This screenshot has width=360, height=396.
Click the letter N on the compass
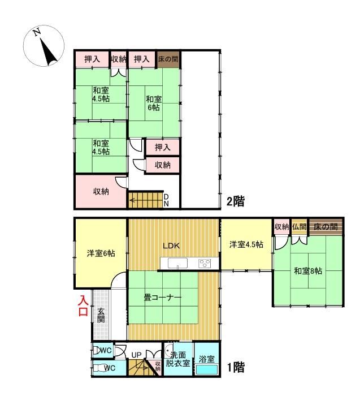point(37,32)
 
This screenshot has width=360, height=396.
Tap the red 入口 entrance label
point(83,306)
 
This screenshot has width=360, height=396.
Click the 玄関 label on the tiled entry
point(101,315)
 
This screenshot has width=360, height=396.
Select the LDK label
point(171,246)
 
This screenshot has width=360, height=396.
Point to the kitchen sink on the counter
point(178,263)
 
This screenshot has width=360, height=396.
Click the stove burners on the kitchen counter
point(205,264)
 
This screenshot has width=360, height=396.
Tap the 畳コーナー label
point(162,298)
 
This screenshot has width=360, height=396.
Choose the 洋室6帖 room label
point(101,253)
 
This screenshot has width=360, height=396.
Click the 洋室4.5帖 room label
point(246,244)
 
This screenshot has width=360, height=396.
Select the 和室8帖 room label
point(308,271)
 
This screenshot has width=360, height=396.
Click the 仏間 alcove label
point(299,226)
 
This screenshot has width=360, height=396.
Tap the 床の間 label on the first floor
point(326,226)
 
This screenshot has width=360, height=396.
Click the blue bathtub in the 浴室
point(207,370)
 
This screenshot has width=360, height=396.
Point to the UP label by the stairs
point(136,355)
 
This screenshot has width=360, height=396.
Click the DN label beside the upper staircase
point(166,200)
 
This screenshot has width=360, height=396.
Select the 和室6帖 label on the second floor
point(154,103)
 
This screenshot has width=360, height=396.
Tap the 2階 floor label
point(236,201)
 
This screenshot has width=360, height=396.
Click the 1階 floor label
point(236,367)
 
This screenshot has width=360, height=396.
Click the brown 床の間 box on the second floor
point(168,59)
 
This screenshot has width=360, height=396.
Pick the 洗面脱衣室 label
point(178,359)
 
